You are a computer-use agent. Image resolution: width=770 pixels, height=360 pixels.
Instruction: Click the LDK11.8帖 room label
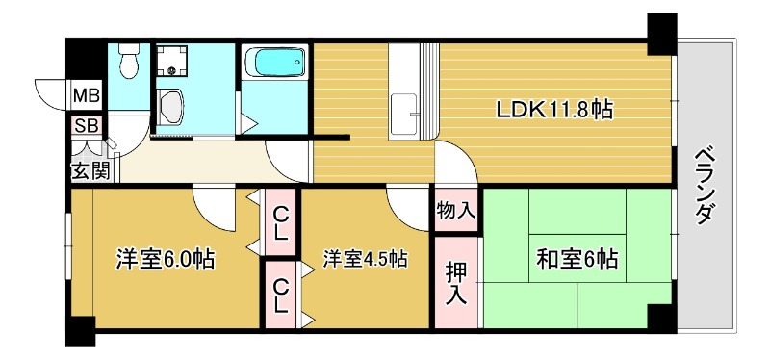click(x=554, y=110)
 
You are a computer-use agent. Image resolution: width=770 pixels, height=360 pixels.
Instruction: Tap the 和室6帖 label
click(x=577, y=259)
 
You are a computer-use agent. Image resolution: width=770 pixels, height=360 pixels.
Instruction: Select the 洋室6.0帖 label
click(x=165, y=259)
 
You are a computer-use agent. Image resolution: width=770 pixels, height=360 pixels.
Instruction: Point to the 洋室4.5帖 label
click(x=365, y=259)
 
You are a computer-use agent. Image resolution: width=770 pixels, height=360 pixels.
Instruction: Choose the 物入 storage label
click(x=455, y=210)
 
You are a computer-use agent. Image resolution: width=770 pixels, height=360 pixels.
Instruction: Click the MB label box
click(x=87, y=96)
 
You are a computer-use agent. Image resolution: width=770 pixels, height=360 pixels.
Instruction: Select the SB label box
click(x=86, y=126)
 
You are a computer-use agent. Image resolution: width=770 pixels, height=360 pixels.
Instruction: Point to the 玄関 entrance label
click(x=90, y=171)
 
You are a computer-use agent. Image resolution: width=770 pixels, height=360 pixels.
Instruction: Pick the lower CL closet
click(x=281, y=295)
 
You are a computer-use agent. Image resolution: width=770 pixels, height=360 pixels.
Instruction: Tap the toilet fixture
click(x=128, y=64)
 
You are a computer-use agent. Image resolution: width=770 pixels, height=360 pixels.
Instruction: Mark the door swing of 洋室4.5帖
click(x=406, y=204)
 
